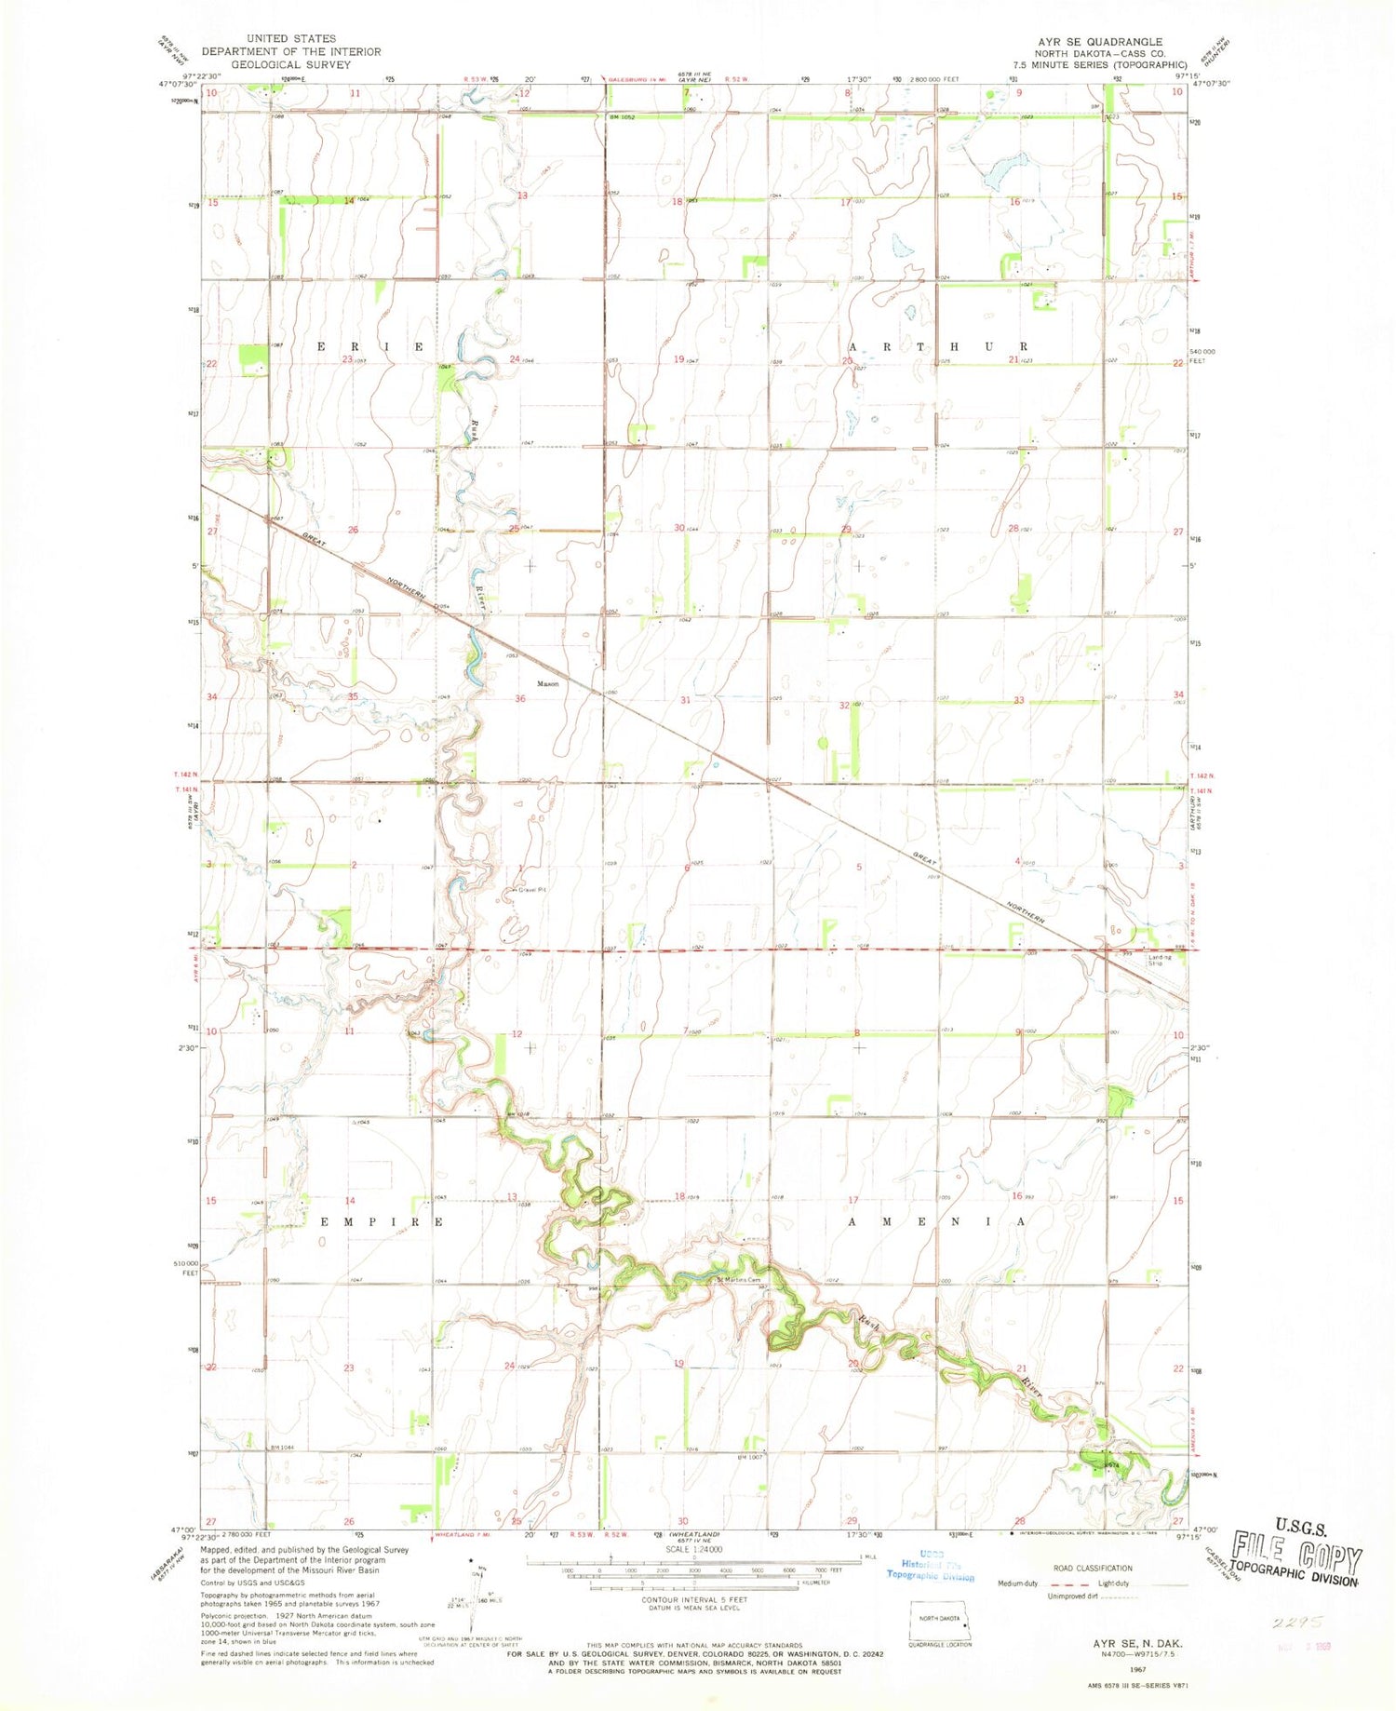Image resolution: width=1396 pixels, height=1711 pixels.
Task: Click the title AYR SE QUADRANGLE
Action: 1087,42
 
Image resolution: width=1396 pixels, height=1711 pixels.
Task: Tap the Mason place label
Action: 547,683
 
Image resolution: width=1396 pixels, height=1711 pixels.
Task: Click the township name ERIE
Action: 371,346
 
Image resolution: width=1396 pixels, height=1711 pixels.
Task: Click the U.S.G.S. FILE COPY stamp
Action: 1295,1553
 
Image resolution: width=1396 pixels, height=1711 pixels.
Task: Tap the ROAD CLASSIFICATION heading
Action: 1093,1569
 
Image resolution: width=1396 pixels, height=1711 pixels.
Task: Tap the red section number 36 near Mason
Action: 520,699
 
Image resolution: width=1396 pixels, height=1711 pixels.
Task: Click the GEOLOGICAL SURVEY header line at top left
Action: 278,65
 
